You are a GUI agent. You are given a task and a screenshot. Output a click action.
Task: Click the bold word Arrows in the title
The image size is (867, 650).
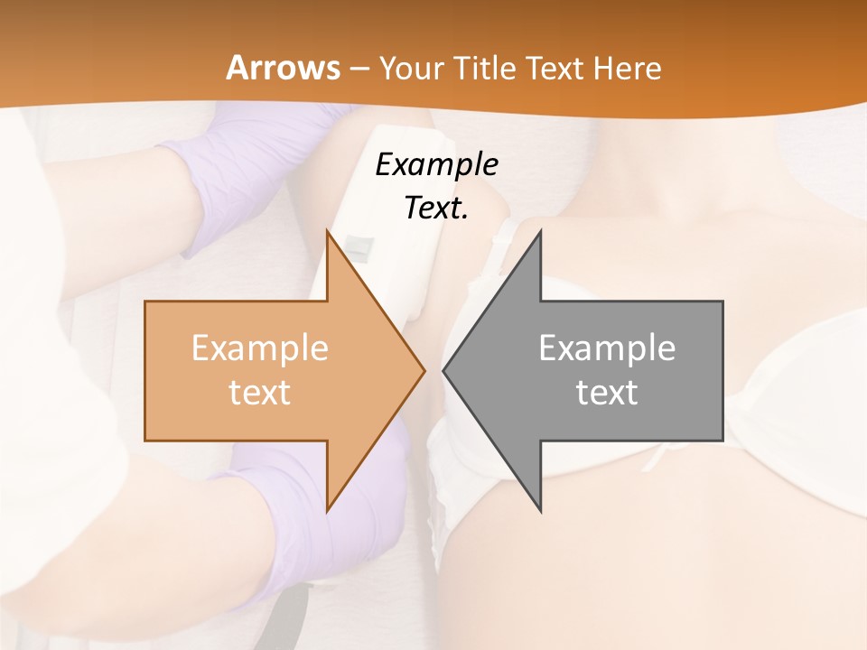click(284, 68)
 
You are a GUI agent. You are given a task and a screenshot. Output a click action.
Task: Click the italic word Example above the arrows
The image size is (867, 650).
click(437, 164)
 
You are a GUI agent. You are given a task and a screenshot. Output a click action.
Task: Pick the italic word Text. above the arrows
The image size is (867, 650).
click(437, 208)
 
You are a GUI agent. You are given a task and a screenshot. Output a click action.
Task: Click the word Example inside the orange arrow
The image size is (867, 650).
click(260, 348)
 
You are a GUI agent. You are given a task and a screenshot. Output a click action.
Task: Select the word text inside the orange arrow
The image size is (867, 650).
click(260, 393)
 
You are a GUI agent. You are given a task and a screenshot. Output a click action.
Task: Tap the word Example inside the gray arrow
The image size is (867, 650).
click(607, 348)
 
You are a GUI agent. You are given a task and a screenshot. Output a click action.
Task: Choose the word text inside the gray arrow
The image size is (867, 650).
click(607, 393)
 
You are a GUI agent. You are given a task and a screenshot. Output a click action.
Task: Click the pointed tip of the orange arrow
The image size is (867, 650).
click(424, 370)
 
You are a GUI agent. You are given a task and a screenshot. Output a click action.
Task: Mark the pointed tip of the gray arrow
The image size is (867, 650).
click(443, 370)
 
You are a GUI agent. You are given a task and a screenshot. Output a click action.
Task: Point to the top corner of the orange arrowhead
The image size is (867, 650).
click(328, 232)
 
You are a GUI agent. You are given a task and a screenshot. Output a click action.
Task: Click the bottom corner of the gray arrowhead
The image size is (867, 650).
click(540, 510)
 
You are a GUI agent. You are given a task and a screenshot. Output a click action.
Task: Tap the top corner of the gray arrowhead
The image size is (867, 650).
click(540, 232)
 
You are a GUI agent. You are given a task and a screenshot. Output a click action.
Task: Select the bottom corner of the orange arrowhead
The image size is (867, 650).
click(328, 510)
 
